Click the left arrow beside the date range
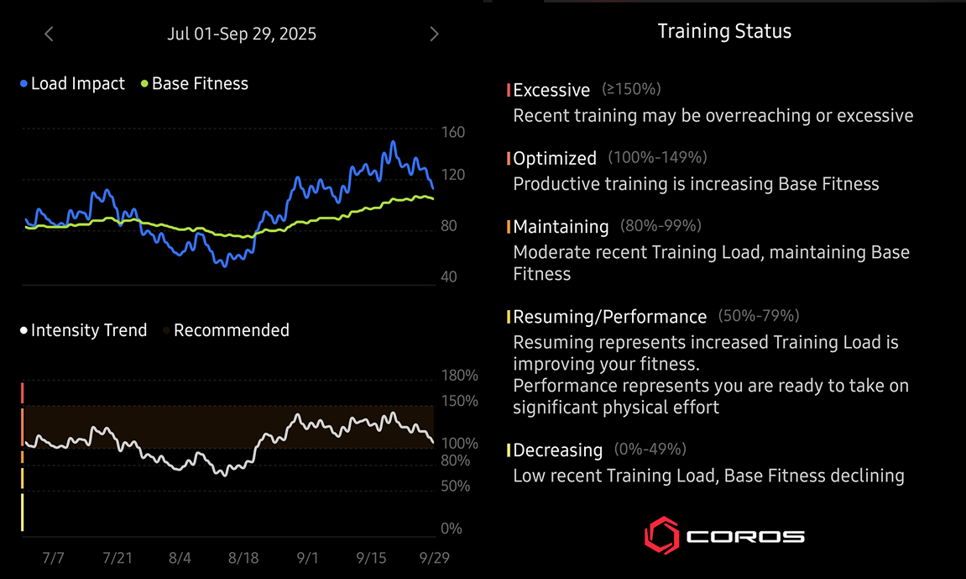coord(49,34)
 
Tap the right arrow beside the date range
coord(434,34)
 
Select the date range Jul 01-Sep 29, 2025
coord(242,34)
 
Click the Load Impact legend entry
coord(73,84)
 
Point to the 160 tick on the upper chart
coord(452,132)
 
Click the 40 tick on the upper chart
coord(449,276)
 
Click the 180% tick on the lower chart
coord(459,376)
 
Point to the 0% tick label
coord(452,529)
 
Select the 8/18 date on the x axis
coord(243,558)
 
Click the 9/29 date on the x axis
coord(434,558)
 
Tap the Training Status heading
coord(724,32)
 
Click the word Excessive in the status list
coord(551,90)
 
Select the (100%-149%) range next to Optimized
coord(657,157)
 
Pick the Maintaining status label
coord(561,227)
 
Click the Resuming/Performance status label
coord(610,317)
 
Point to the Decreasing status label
coord(557,450)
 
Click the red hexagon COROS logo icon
coord(661,535)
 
